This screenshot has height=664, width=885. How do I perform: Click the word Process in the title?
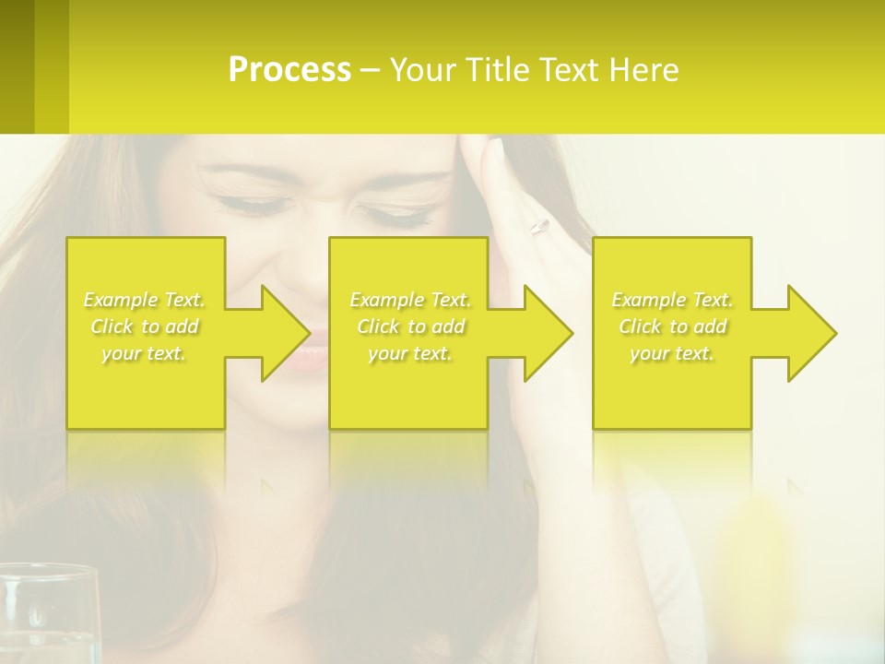tap(289, 70)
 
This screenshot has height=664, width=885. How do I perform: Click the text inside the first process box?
tap(145, 326)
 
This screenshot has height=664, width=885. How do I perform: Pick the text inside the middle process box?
tap(410, 326)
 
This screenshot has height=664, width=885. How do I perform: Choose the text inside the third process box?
tap(672, 326)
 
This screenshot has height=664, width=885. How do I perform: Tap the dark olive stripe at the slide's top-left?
tap(17, 66)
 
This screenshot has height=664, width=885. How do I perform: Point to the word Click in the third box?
tap(641, 326)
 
